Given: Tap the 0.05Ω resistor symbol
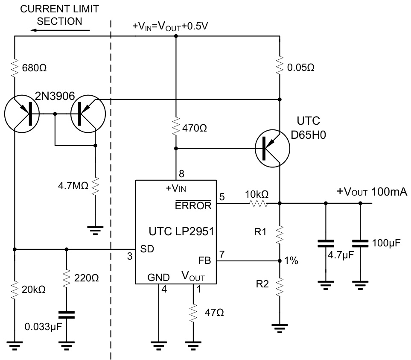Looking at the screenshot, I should (x=280, y=66).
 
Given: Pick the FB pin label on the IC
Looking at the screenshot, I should (x=205, y=259).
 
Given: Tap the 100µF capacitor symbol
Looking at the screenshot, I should (x=360, y=243).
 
